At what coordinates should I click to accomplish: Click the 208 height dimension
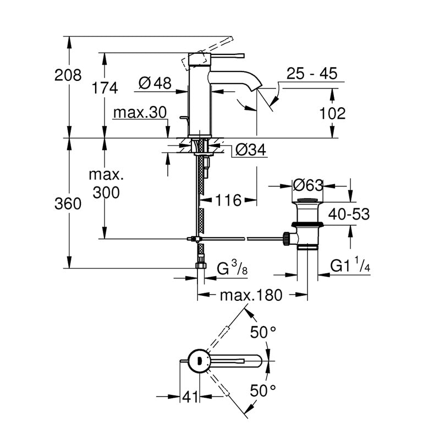click(68, 75)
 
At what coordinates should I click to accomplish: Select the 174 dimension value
click(105, 88)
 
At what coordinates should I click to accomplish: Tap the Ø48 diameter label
click(155, 83)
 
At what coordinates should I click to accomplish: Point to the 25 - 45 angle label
click(312, 74)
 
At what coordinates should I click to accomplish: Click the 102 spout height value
click(333, 113)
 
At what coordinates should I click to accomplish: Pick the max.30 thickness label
click(140, 113)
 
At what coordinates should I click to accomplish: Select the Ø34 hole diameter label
click(251, 150)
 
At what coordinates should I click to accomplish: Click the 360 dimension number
click(68, 204)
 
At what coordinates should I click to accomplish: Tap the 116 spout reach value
click(228, 200)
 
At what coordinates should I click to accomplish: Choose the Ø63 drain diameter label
click(308, 185)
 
